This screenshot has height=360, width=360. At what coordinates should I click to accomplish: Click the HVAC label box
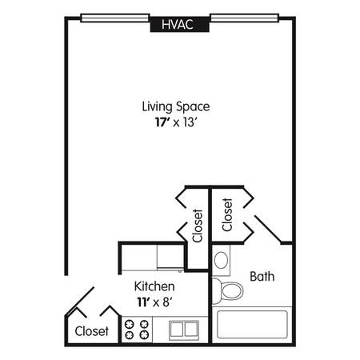[179, 24]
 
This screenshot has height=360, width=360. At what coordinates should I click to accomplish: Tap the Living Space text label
[176, 106]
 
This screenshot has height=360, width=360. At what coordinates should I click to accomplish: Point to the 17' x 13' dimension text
[176, 122]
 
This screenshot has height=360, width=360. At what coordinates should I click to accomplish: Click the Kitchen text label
[154, 286]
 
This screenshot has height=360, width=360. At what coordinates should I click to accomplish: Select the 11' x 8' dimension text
[154, 302]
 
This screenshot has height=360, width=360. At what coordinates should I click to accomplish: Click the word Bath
[262, 277]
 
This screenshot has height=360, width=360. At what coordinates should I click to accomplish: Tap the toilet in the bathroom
[227, 290]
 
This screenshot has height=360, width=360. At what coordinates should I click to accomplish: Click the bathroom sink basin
[221, 260]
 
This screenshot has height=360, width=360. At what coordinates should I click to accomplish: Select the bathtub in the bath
[252, 324]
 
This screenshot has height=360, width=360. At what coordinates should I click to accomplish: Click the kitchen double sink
[184, 330]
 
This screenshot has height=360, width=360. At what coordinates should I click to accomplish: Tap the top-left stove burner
[130, 324]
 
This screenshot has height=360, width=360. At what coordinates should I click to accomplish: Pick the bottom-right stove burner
[144, 334]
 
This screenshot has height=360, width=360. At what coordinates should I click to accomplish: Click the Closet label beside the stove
[92, 331]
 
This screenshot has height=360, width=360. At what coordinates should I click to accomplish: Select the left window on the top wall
[114, 18]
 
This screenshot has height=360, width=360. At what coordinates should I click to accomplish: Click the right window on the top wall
[244, 18]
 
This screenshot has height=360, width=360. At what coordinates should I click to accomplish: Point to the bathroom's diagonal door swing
[268, 230]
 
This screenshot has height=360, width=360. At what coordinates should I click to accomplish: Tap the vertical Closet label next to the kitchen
[198, 226]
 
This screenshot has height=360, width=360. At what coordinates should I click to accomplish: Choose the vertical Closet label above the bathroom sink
[227, 214]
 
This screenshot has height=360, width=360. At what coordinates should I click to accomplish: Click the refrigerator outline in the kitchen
[170, 258]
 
